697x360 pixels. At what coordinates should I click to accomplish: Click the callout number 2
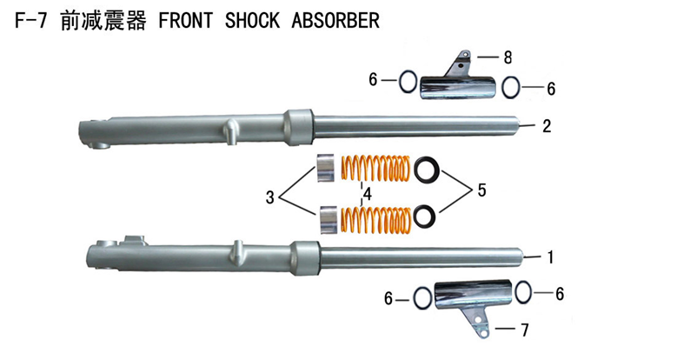pos(546,126)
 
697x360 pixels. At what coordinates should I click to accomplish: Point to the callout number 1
pos(549,257)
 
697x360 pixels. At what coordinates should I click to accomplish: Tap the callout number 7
pos(524,330)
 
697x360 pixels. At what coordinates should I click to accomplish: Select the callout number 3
pos(271,198)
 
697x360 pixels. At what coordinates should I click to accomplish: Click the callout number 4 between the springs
pos(368,195)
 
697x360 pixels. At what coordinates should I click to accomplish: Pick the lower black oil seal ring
pos(426,215)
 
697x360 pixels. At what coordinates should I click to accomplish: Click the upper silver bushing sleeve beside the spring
pos(326,168)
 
